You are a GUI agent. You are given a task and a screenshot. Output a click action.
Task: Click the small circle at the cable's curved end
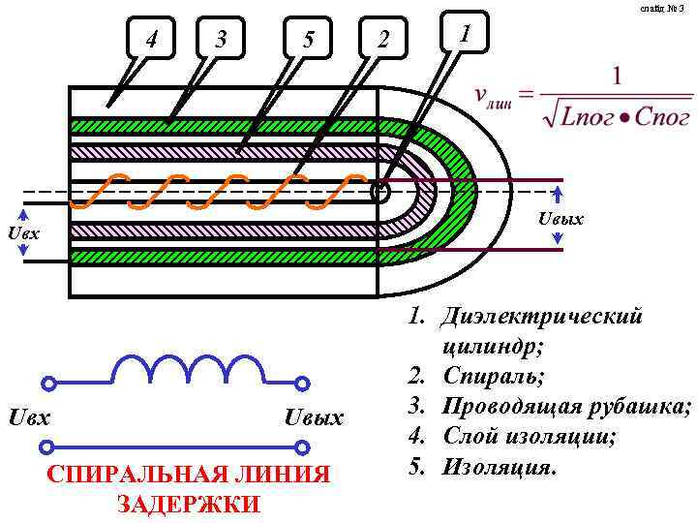pyautogui.click(x=379, y=191)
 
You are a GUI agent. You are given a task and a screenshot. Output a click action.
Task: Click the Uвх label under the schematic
pyautogui.click(x=29, y=417)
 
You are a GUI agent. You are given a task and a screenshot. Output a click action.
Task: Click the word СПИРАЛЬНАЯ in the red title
pyautogui.click(x=125, y=474)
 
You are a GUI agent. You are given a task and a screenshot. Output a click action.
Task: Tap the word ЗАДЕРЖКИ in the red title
pyautogui.click(x=188, y=504)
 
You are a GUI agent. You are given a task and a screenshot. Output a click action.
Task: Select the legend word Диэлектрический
pyautogui.click(x=541, y=316)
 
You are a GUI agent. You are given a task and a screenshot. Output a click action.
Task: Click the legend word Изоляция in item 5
pyautogui.click(x=499, y=467)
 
